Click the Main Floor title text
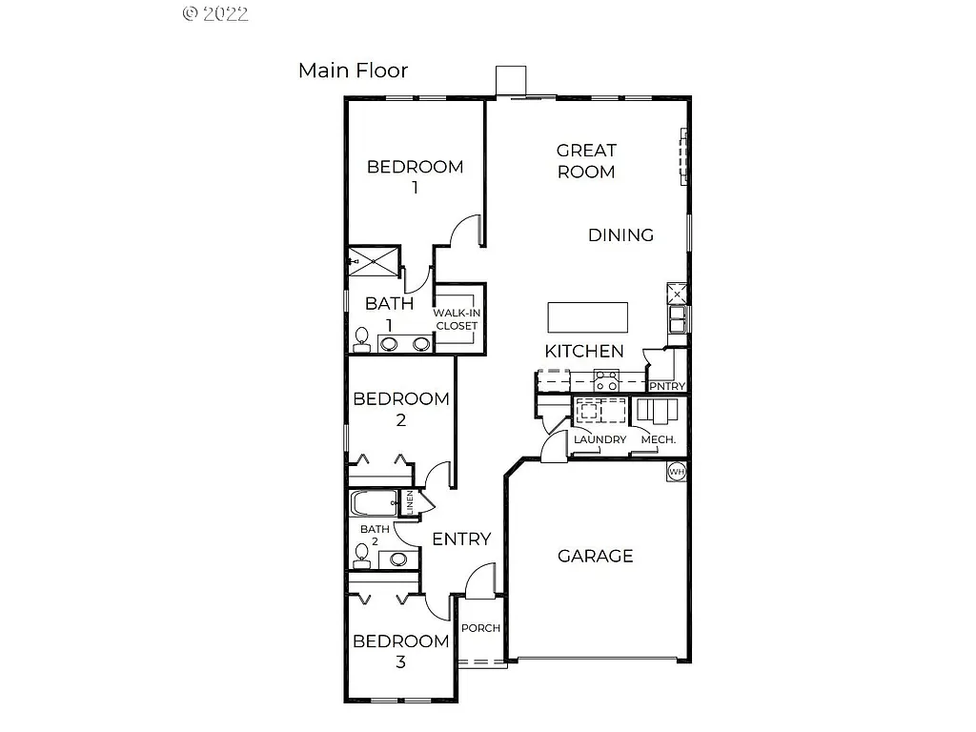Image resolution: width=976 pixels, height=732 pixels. pos(353,71)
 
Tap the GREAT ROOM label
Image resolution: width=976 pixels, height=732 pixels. pos(586,161)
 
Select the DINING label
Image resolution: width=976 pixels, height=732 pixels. pos(620,234)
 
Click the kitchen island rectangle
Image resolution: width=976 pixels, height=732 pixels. pos(587,315)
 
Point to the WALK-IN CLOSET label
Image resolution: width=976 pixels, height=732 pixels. pos(457,319)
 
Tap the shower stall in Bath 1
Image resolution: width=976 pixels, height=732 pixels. pos(373,260)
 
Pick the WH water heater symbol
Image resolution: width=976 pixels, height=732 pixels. pos(677,471)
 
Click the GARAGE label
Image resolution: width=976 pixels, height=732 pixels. pos(595,556)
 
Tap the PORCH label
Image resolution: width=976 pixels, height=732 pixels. pos(480,628)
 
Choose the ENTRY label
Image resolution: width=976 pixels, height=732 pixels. pos(461,539)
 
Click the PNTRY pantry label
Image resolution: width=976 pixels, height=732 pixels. pos(667,386)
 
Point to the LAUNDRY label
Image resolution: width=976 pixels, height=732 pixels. pos(600,439)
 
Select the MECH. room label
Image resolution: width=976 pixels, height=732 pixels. pos(658,439)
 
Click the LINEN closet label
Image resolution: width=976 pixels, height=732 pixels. pos(410,502)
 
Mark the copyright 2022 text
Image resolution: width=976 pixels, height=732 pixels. pos(214,13)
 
